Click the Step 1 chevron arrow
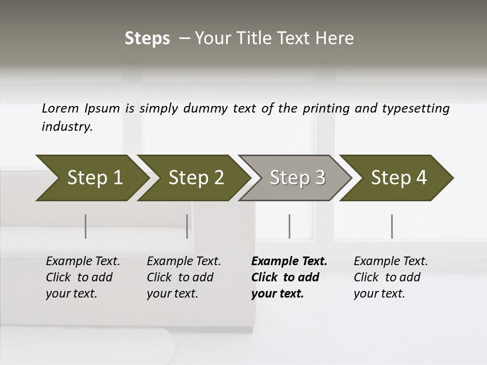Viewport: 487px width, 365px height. point(91,178)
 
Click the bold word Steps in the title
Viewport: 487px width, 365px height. point(147,39)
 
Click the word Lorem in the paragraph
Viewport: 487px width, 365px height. point(60,108)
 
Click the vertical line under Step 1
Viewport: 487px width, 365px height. point(86,226)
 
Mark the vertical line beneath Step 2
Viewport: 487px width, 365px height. point(187,226)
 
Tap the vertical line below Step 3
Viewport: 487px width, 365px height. point(290,226)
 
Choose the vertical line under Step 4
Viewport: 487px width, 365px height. point(392,226)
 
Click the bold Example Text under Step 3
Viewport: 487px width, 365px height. point(289,262)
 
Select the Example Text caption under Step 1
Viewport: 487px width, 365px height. point(83,262)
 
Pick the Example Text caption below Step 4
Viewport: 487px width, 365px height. point(391,262)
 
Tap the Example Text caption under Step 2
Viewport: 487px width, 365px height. point(184,262)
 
